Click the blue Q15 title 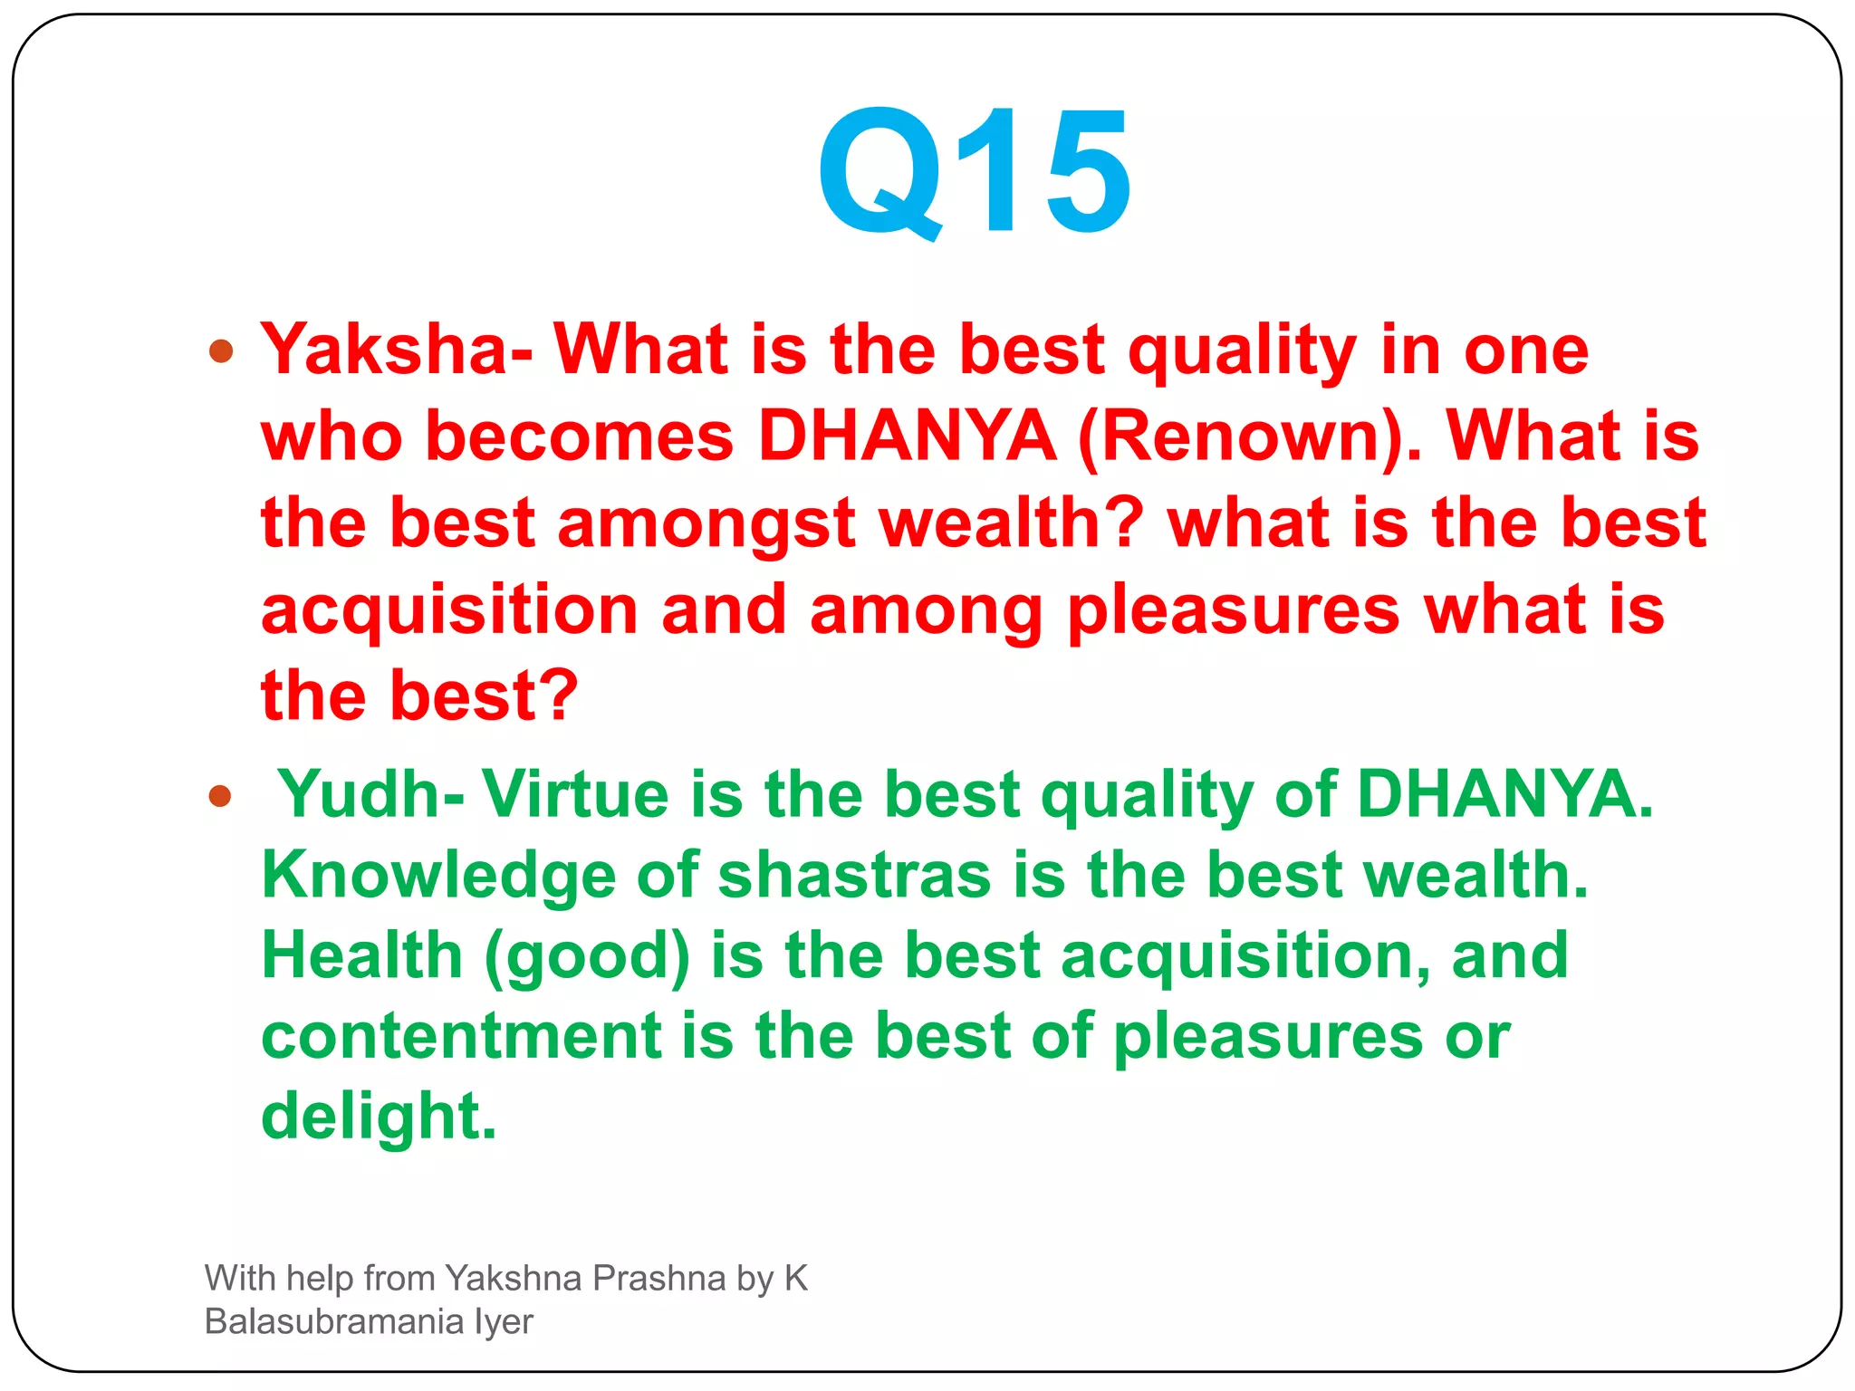tap(974, 172)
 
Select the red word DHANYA tap(907, 436)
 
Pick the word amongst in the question tap(706, 524)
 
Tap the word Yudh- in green tap(371, 794)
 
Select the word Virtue tap(575, 794)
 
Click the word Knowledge tap(438, 876)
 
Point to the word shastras tap(854, 876)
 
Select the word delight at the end tap(379, 1117)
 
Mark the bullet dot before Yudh tap(220, 796)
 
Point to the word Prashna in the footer tap(658, 1278)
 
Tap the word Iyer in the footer tap(504, 1322)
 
